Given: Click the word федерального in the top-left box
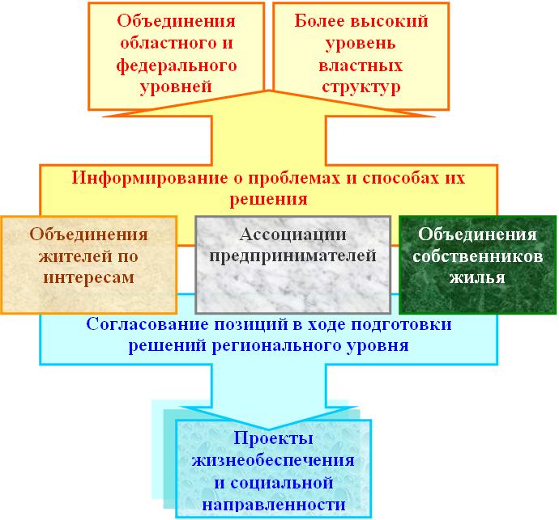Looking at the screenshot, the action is click(177, 66).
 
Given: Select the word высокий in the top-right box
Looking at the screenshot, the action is click(389, 21).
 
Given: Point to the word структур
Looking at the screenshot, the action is click(361, 87).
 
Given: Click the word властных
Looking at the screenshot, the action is click(361, 66).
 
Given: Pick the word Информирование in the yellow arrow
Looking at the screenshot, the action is click(150, 178).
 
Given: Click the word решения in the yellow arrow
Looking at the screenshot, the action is click(268, 199).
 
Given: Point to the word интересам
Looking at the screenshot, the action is click(89, 278).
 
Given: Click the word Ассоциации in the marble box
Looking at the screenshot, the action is click(293, 235).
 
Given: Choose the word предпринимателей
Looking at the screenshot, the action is click(292, 256).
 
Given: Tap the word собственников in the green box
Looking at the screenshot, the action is click(478, 256).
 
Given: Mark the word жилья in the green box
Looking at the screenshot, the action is click(477, 277).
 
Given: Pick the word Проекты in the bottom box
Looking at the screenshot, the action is click(274, 438).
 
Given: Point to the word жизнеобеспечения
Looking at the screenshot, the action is click(273, 461).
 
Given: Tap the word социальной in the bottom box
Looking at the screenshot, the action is click(282, 484).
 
